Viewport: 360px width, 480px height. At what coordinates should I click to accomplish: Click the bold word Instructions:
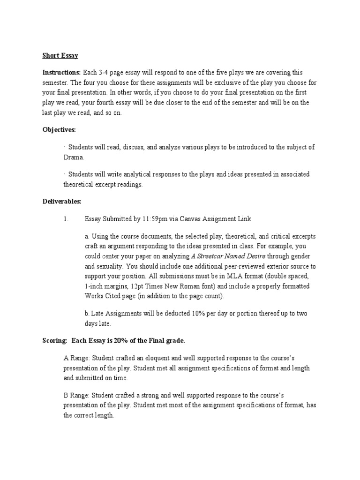(x=61, y=73)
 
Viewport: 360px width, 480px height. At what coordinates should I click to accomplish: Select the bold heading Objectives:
(x=59, y=129)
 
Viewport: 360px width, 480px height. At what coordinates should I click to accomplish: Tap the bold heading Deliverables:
(x=62, y=202)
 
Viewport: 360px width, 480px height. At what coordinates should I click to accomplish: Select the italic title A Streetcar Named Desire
(x=226, y=256)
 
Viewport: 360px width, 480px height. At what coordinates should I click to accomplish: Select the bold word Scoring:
(x=52, y=340)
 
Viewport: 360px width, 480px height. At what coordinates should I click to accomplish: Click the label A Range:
(x=76, y=358)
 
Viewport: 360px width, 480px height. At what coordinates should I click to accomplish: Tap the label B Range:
(x=76, y=395)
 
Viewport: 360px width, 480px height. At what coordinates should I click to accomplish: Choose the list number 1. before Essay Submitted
(x=66, y=219)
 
